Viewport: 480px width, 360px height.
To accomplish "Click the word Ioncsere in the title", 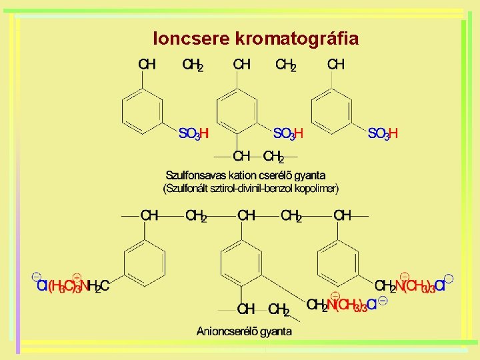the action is (191, 39).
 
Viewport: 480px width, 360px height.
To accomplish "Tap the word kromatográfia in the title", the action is (297, 39).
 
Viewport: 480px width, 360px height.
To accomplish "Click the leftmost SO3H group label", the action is (194, 133).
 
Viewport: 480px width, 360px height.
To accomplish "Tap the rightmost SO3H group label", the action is (383, 133).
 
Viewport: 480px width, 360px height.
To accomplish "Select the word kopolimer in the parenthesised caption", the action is (315, 189).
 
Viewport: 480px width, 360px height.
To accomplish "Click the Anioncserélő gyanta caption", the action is (244, 331).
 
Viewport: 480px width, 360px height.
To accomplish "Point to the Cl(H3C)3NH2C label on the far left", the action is (72, 287).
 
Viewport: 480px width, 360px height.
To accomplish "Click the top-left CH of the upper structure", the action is (147, 65).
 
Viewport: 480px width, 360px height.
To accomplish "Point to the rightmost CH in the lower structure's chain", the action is (342, 216).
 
